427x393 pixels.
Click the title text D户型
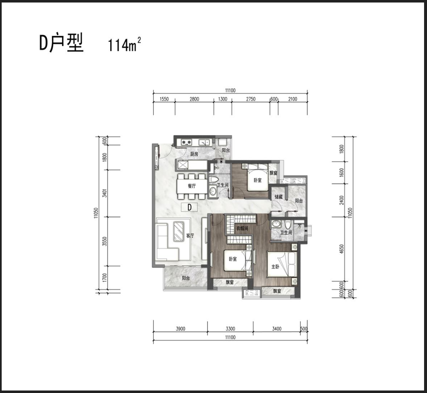coord(62,43)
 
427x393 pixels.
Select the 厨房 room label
coord(194,154)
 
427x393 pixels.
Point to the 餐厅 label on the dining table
coord(192,186)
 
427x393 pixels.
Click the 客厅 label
coord(190,236)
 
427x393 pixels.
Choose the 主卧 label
coord(275,267)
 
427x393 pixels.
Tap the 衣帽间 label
coord(242,228)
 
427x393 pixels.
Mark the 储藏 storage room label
coord(279,197)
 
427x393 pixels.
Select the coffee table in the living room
coord(179,231)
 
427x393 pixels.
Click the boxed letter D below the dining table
coord(189,207)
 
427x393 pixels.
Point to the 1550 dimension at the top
coord(164,99)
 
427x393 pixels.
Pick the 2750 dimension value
coord(251,99)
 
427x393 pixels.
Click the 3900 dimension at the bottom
coord(180,329)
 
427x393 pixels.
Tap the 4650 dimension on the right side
coord(342,249)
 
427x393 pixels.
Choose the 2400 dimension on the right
coord(342,200)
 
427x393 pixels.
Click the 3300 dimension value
coord(230,329)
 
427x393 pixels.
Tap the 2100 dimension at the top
coord(292,99)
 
